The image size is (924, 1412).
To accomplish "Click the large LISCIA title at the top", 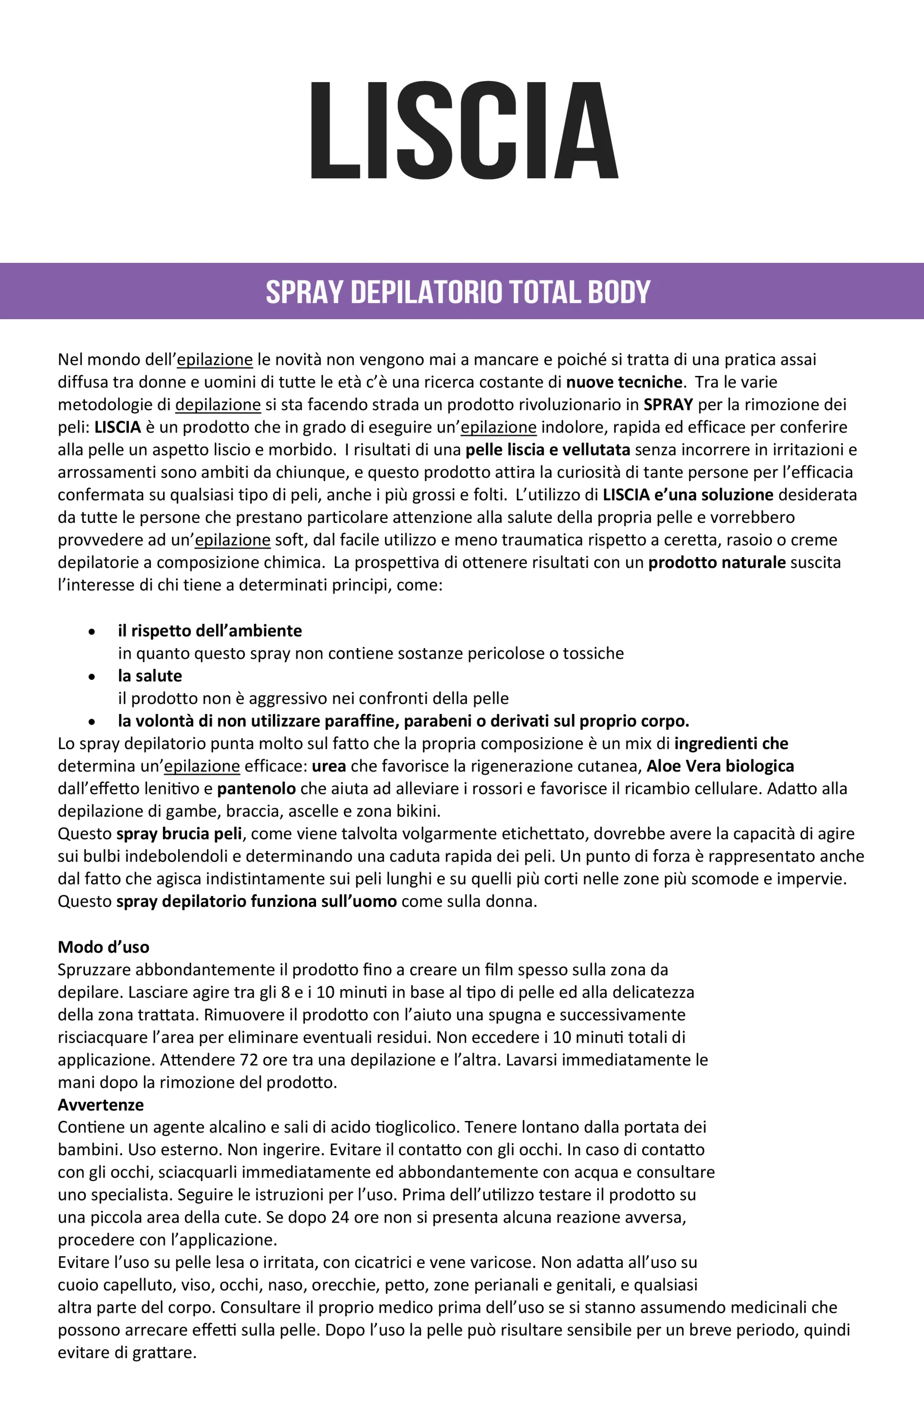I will [464, 131].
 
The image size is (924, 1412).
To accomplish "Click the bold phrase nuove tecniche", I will [624, 382].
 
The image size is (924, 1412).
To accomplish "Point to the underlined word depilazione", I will [218, 404].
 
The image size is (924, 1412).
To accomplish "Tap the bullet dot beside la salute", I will [91, 676].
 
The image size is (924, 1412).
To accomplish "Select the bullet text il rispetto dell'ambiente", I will [209, 630].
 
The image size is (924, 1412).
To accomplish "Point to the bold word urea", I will [329, 766].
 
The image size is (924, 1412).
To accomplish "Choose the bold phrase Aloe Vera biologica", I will [720, 766].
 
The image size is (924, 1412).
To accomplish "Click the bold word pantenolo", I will [256, 788].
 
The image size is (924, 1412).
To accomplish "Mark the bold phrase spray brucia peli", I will [179, 834].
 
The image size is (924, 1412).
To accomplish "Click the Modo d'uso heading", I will [103, 947].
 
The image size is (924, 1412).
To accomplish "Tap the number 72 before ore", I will [249, 1060].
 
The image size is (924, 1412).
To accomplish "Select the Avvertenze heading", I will [101, 1105].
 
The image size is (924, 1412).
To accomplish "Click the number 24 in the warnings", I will [340, 1218].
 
